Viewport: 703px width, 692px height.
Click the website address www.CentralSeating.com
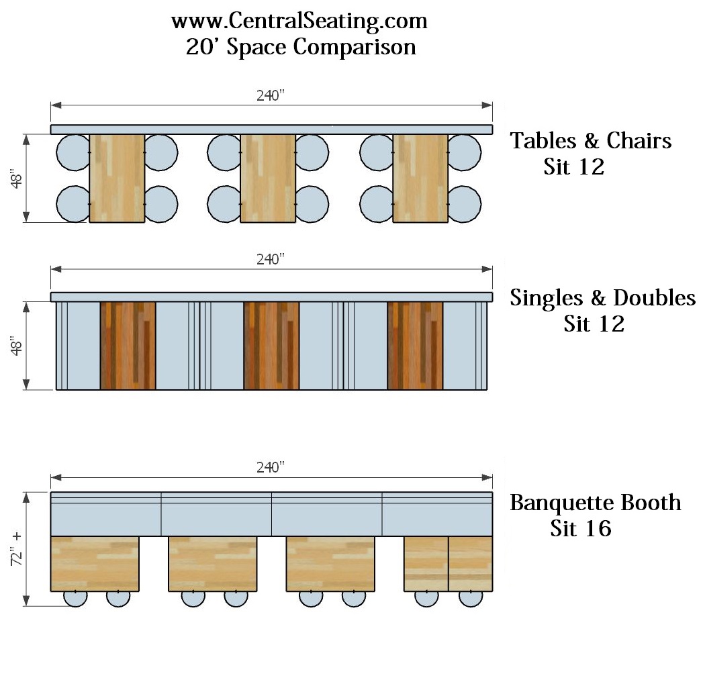tap(299, 21)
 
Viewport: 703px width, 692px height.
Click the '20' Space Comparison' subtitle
tap(301, 48)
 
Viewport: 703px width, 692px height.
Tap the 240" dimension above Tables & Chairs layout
tap(271, 95)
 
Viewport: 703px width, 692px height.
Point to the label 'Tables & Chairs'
tap(591, 141)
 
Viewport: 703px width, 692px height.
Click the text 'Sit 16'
tap(580, 529)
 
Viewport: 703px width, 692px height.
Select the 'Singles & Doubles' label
tap(602, 297)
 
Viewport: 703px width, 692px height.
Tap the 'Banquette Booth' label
tap(595, 503)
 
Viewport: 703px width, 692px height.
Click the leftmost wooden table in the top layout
tap(117, 178)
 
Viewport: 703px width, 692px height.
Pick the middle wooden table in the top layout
tap(268, 178)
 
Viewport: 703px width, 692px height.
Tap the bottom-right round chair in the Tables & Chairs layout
tap(465, 204)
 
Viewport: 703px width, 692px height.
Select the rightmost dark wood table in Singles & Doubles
tap(415, 346)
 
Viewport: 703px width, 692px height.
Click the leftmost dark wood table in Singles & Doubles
tap(128, 346)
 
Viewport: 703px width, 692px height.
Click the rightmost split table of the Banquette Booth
tap(448, 564)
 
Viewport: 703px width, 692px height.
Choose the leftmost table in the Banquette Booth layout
tap(95, 564)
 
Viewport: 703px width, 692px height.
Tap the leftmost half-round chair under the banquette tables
tap(75, 599)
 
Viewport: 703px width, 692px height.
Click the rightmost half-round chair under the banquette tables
tap(470, 599)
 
